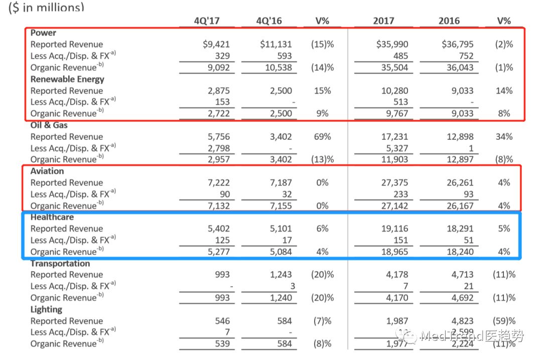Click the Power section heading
point(43,33)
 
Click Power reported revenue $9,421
point(216,44)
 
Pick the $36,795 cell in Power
point(457,44)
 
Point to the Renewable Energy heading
point(67,79)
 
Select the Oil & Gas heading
point(49,125)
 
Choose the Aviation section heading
point(47,171)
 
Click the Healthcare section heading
point(52,217)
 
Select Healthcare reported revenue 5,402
point(218,229)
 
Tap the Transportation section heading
point(60,263)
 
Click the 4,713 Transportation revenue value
point(460,275)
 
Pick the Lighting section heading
point(46,309)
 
